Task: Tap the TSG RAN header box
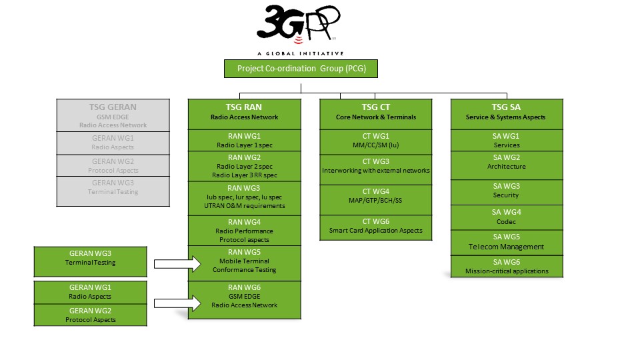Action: pyautogui.click(x=243, y=112)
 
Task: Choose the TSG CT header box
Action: pyautogui.click(x=375, y=112)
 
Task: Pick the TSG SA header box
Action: pyautogui.click(x=507, y=112)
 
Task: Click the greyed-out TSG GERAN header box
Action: pyautogui.click(x=113, y=115)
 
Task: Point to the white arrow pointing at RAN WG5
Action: pyautogui.click(x=177, y=263)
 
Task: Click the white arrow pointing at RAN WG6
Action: pyautogui.click(x=177, y=304)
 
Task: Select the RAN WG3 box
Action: pyautogui.click(x=245, y=197)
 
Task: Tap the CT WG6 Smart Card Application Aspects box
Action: pyautogui.click(x=375, y=226)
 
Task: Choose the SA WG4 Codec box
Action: pyautogui.click(x=507, y=217)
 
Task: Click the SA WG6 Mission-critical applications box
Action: pyautogui.click(x=507, y=267)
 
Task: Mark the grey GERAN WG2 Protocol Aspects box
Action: pyautogui.click(x=113, y=166)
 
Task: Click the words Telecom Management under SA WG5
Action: pyautogui.click(x=507, y=247)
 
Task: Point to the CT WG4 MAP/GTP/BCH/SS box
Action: pyautogui.click(x=375, y=196)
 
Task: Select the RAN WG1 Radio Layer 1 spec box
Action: pyautogui.click(x=245, y=140)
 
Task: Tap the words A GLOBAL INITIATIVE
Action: pyautogui.click(x=300, y=53)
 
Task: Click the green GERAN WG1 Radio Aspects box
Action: pyautogui.click(x=91, y=292)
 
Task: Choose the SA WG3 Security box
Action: pyautogui.click(x=507, y=191)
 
